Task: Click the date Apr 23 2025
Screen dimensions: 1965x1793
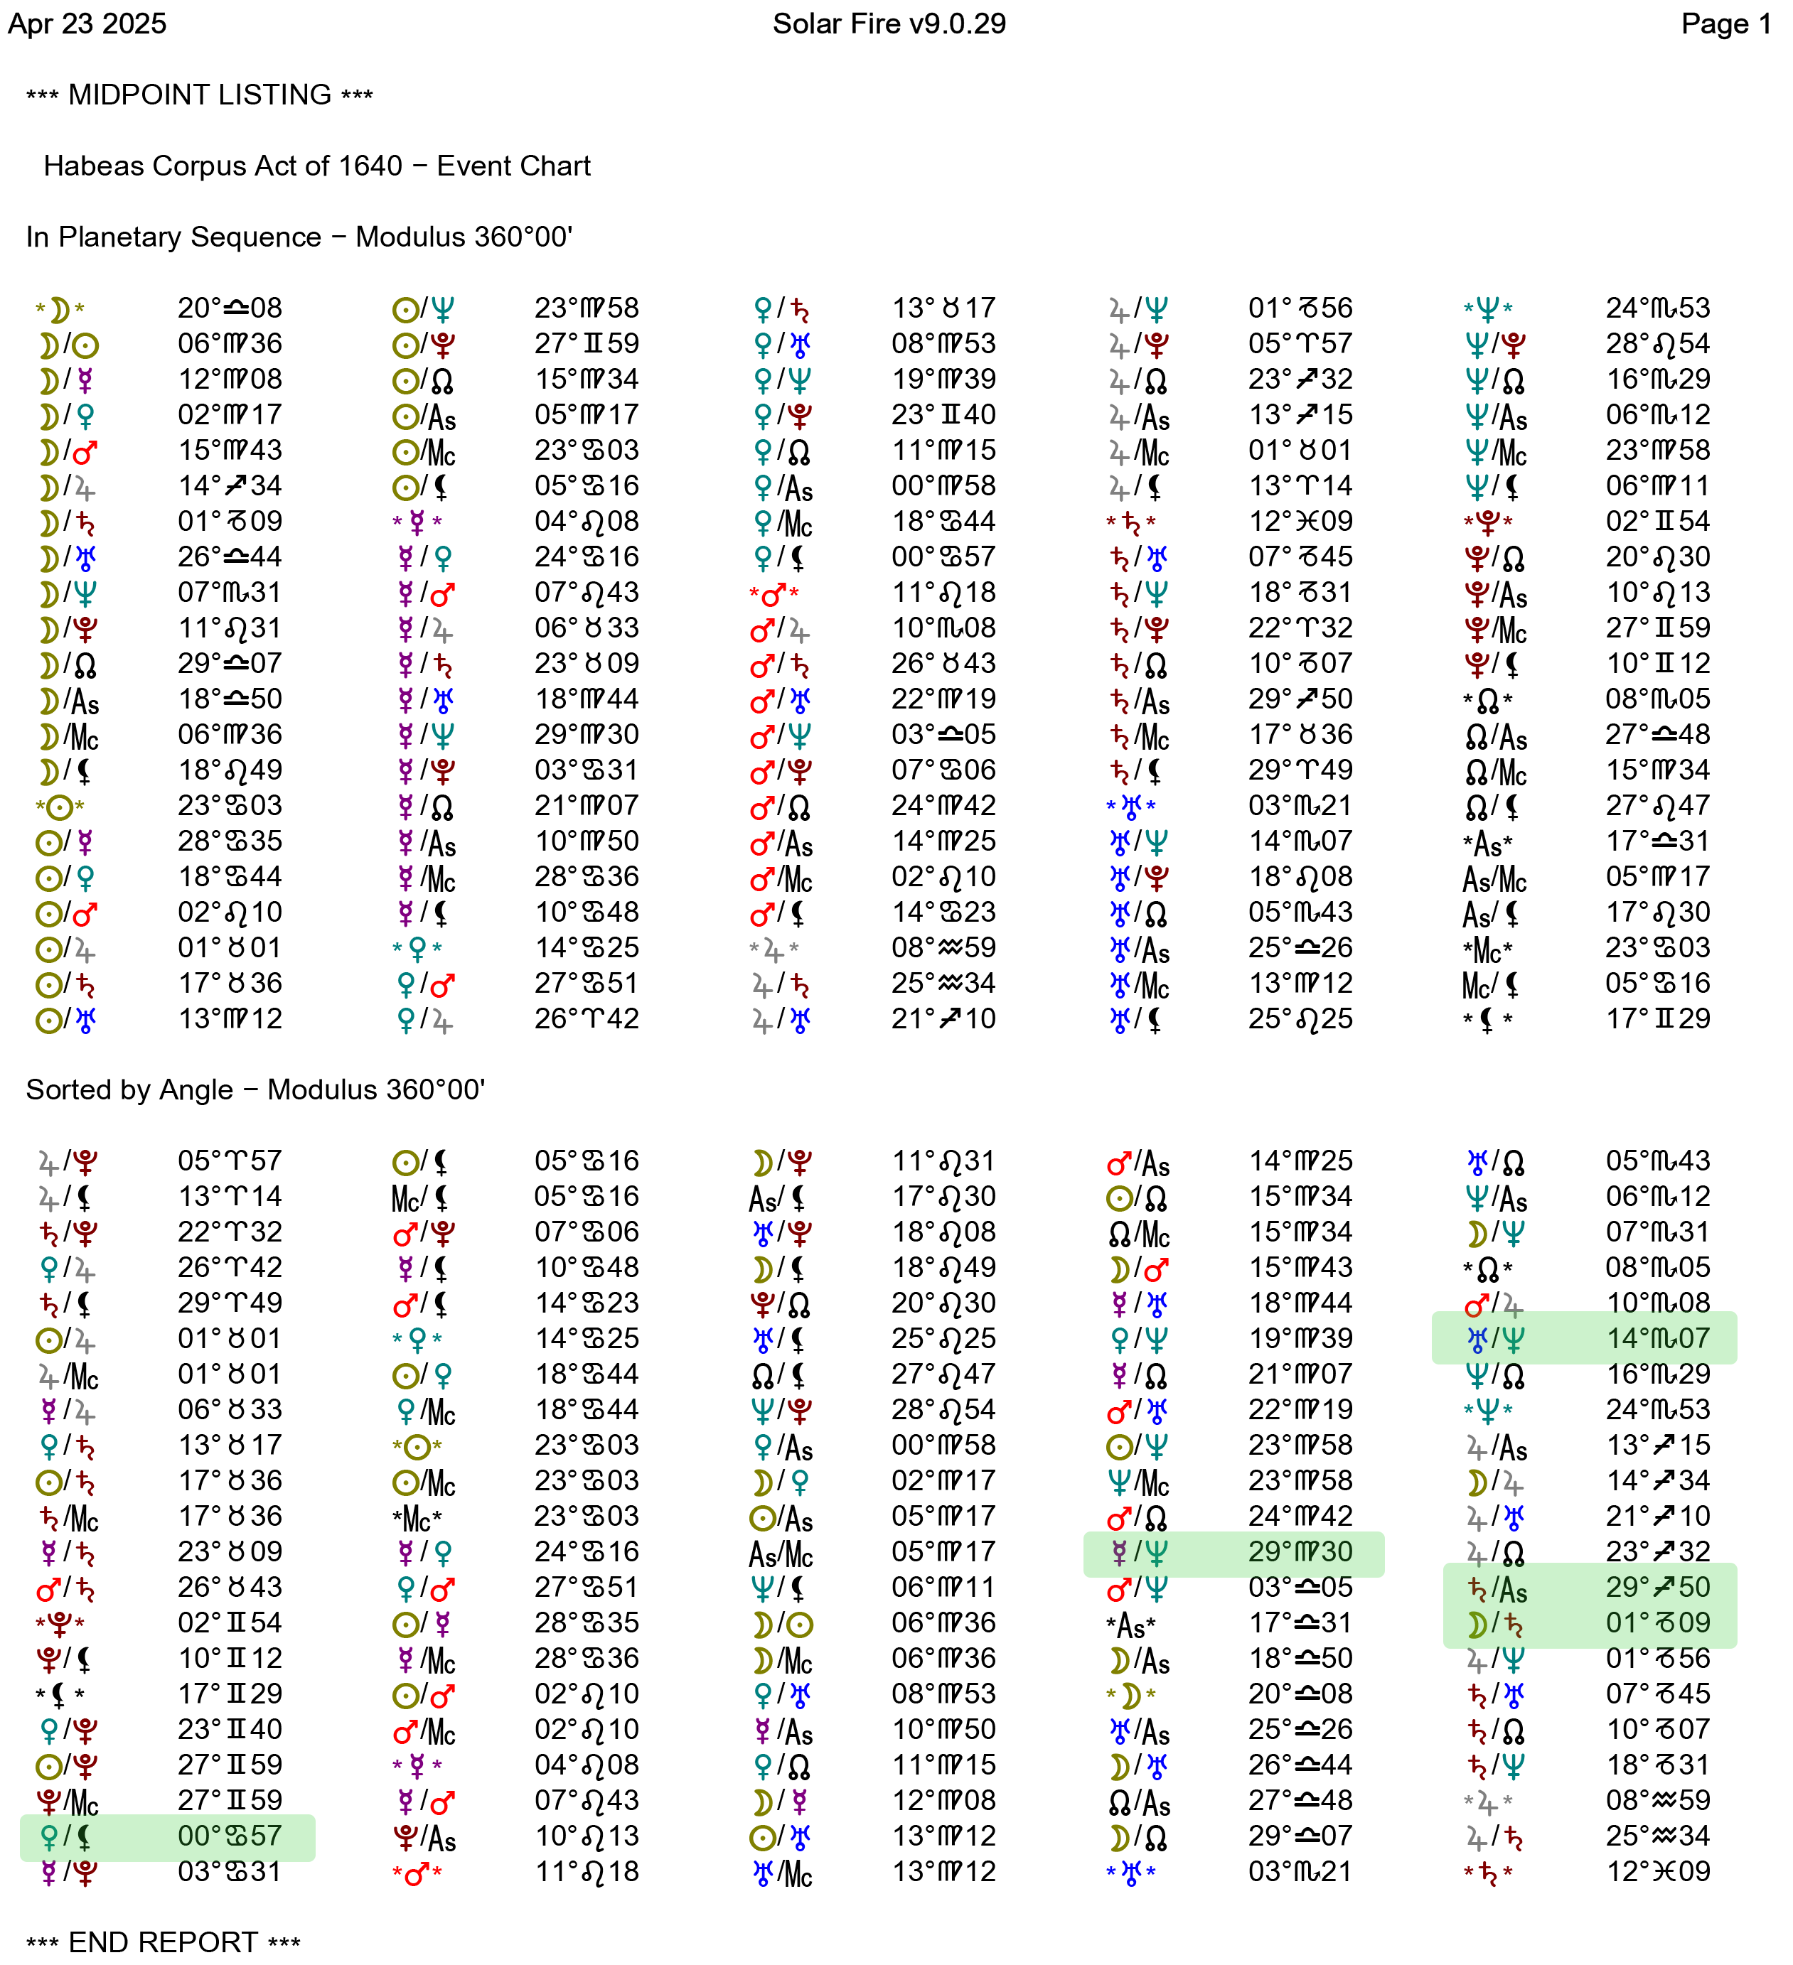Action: pyautogui.click(x=87, y=23)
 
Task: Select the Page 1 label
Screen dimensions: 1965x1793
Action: pyautogui.click(x=1725, y=23)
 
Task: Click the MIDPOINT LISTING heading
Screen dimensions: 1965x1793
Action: pyautogui.click(x=200, y=95)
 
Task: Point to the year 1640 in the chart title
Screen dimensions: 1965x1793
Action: pyautogui.click(x=370, y=166)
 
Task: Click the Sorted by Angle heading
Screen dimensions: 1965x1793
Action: pyautogui.click(x=129, y=1089)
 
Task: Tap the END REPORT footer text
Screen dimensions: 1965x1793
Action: pyautogui.click(x=163, y=1942)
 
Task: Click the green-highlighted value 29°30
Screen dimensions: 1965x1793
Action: pyautogui.click(x=1300, y=1551)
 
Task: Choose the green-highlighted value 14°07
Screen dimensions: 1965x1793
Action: pyautogui.click(x=1657, y=1338)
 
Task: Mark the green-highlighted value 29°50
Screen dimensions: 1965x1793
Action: pyautogui.click(x=1657, y=1587)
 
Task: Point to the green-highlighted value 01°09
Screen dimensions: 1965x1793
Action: pyautogui.click(x=1657, y=1623)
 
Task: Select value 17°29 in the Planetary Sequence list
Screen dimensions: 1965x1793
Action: pyautogui.click(x=1657, y=1018)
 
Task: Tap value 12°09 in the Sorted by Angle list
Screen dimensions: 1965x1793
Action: pyautogui.click(x=1657, y=1871)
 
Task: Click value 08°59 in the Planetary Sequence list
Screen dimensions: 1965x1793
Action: pyautogui.click(x=943, y=947)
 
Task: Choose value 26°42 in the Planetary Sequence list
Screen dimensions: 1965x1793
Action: pyautogui.click(x=586, y=1018)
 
